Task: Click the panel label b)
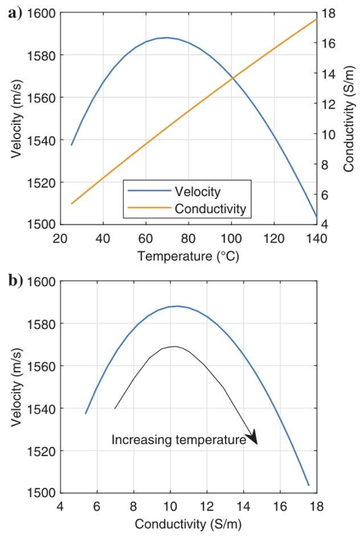pyautogui.click(x=15, y=282)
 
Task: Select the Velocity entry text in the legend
pyautogui.click(x=197, y=189)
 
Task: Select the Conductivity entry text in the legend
pyautogui.click(x=210, y=209)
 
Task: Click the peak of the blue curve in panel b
pyautogui.click(x=177, y=306)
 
